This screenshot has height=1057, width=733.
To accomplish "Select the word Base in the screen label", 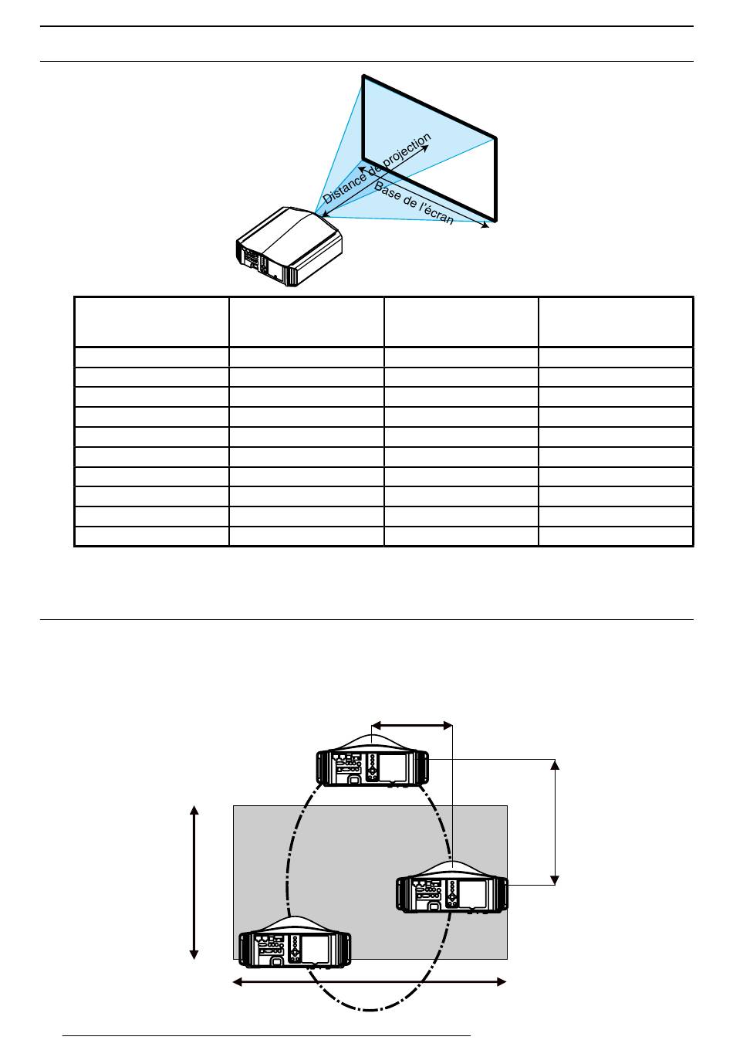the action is (386, 190).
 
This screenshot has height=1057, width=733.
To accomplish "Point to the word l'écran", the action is (436, 212).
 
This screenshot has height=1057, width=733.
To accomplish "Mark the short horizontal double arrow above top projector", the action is (412, 725).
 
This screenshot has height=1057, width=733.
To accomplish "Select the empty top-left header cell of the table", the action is (151, 322).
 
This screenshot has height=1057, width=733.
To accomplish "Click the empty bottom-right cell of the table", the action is (616, 537).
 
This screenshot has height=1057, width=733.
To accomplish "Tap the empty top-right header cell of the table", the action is (616, 322).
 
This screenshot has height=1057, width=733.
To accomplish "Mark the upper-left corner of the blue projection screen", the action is (363, 76).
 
